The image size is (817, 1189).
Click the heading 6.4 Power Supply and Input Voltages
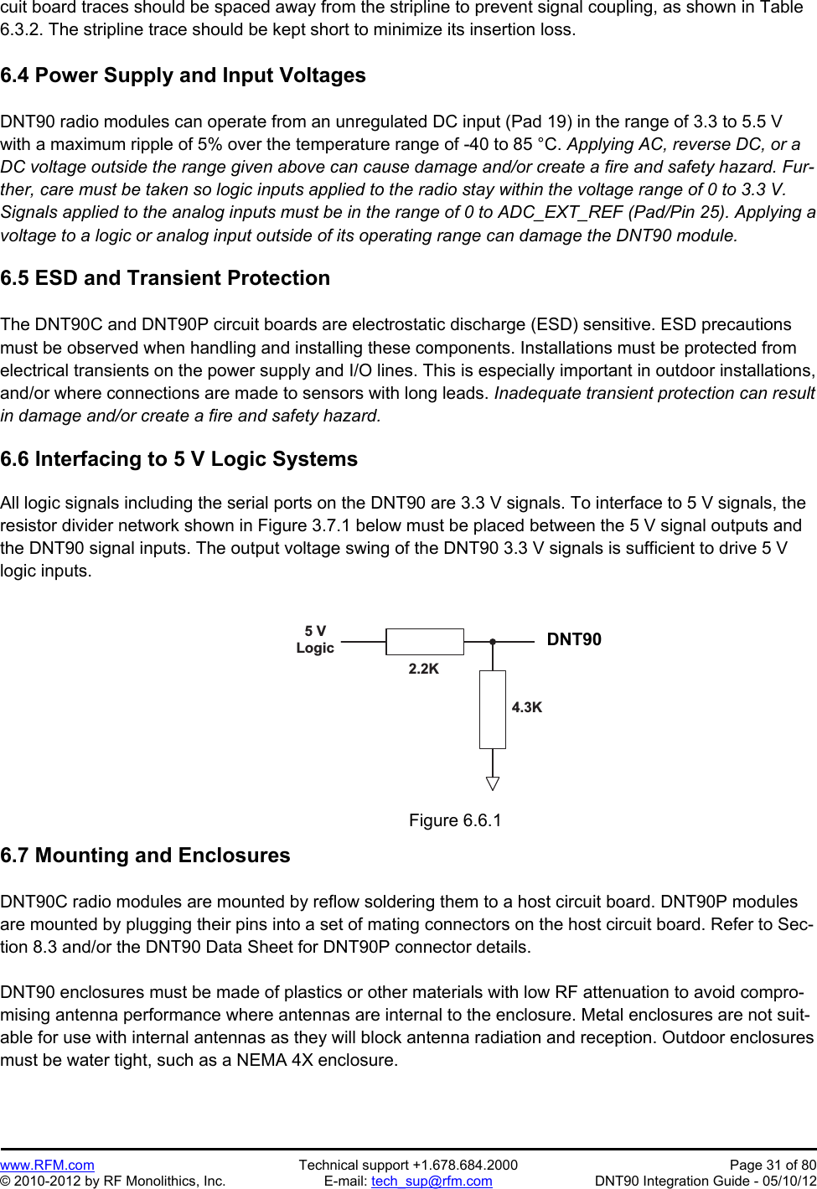(x=183, y=75)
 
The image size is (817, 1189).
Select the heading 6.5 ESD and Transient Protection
(x=165, y=278)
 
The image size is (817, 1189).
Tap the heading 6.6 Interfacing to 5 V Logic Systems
(x=178, y=459)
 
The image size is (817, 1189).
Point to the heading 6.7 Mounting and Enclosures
(x=145, y=856)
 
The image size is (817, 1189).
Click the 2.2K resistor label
(x=423, y=669)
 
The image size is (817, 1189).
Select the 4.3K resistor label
(x=526, y=707)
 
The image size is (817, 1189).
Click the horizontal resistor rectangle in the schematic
(x=425, y=642)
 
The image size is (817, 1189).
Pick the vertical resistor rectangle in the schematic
(x=493, y=709)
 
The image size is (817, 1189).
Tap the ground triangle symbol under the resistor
(x=493, y=783)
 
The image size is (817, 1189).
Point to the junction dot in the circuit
(x=493, y=642)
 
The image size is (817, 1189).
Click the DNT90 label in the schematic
(x=574, y=639)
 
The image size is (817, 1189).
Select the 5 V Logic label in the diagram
(x=315, y=639)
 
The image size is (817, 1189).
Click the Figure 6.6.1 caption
(x=455, y=820)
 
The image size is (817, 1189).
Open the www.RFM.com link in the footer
(x=47, y=1165)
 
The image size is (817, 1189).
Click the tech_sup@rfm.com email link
(x=432, y=1181)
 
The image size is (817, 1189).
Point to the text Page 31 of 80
(x=773, y=1165)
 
